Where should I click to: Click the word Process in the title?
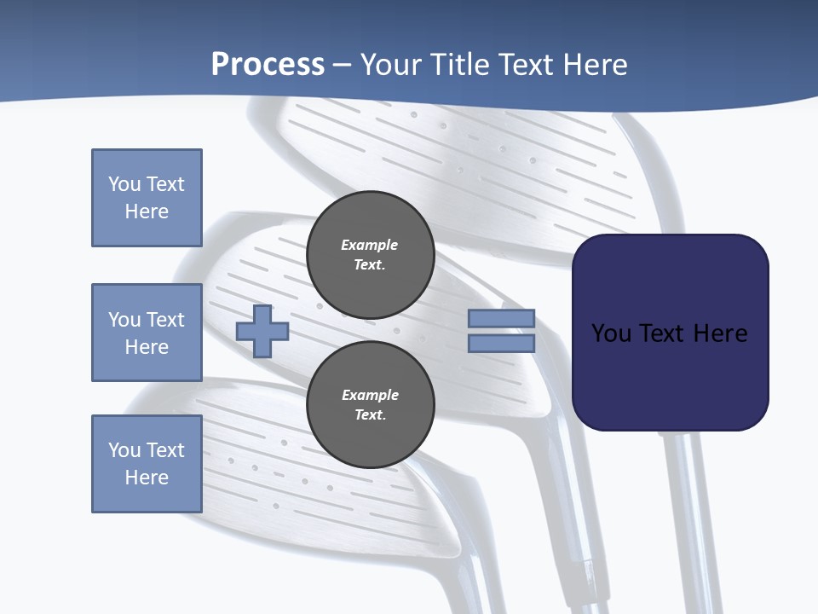point(268,65)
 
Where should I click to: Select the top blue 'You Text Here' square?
point(147,198)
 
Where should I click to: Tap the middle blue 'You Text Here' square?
point(147,333)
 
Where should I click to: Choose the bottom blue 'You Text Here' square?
point(147,464)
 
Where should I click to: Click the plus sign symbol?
point(262,331)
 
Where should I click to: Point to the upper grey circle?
point(370,255)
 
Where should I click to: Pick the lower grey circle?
point(370,405)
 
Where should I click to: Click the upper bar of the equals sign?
point(501,318)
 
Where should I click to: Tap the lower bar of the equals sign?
point(501,344)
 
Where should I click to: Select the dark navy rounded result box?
point(670,333)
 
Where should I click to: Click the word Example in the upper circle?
point(370,245)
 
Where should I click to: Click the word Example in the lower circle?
point(370,395)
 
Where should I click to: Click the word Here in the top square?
point(147,211)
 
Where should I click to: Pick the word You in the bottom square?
point(124,450)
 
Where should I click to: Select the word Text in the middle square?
point(165,320)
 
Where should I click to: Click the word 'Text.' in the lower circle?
point(370,415)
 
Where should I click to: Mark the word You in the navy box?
point(611,333)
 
